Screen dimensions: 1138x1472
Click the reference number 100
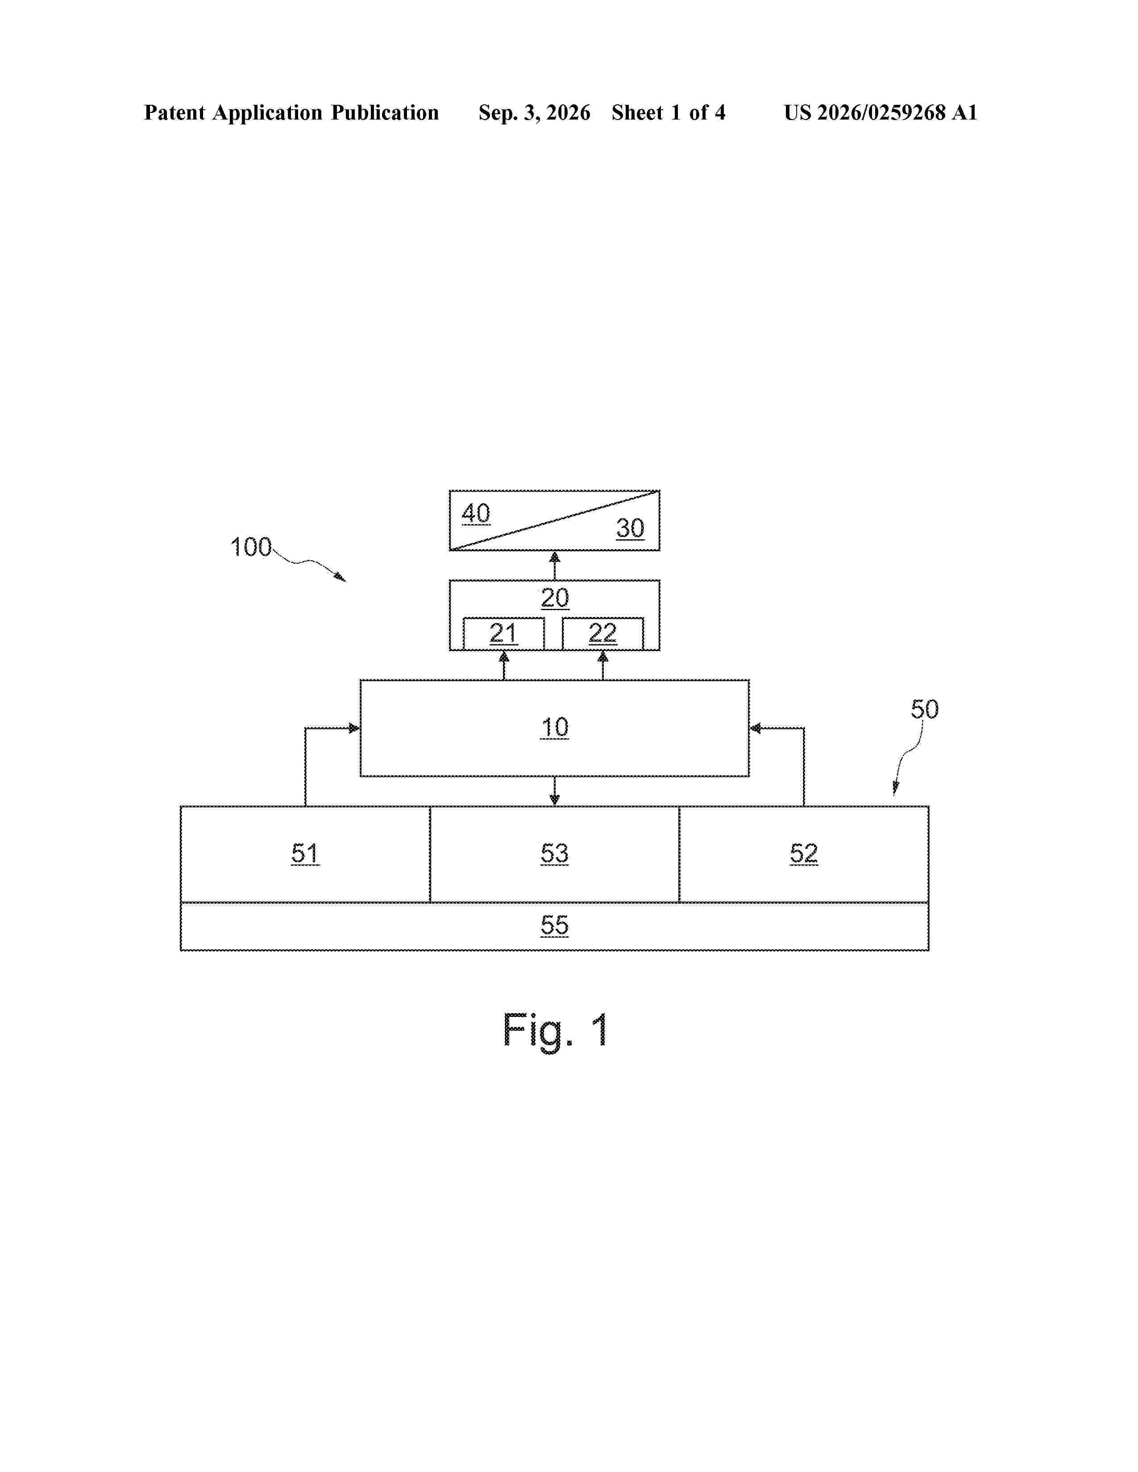coord(251,546)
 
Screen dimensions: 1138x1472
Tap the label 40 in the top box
coord(476,513)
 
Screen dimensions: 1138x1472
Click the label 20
coord(555,598)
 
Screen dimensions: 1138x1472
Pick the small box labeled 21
coord(503,633)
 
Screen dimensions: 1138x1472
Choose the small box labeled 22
coord(603,633)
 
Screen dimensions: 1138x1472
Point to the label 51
coord(305,854)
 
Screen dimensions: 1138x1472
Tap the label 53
coord(555,854)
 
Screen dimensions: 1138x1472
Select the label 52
coord(804,854)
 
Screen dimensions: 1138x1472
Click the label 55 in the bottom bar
coord(555,926)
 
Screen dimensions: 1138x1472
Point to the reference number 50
coord(924,709)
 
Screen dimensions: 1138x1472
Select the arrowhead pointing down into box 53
coord(555,799)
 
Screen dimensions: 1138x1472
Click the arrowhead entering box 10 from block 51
coord(354,728)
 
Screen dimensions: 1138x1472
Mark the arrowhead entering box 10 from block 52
coord(756,728)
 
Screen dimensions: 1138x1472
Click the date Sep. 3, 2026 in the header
coord(535,112)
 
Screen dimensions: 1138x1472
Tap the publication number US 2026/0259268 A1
coord(880,112)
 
